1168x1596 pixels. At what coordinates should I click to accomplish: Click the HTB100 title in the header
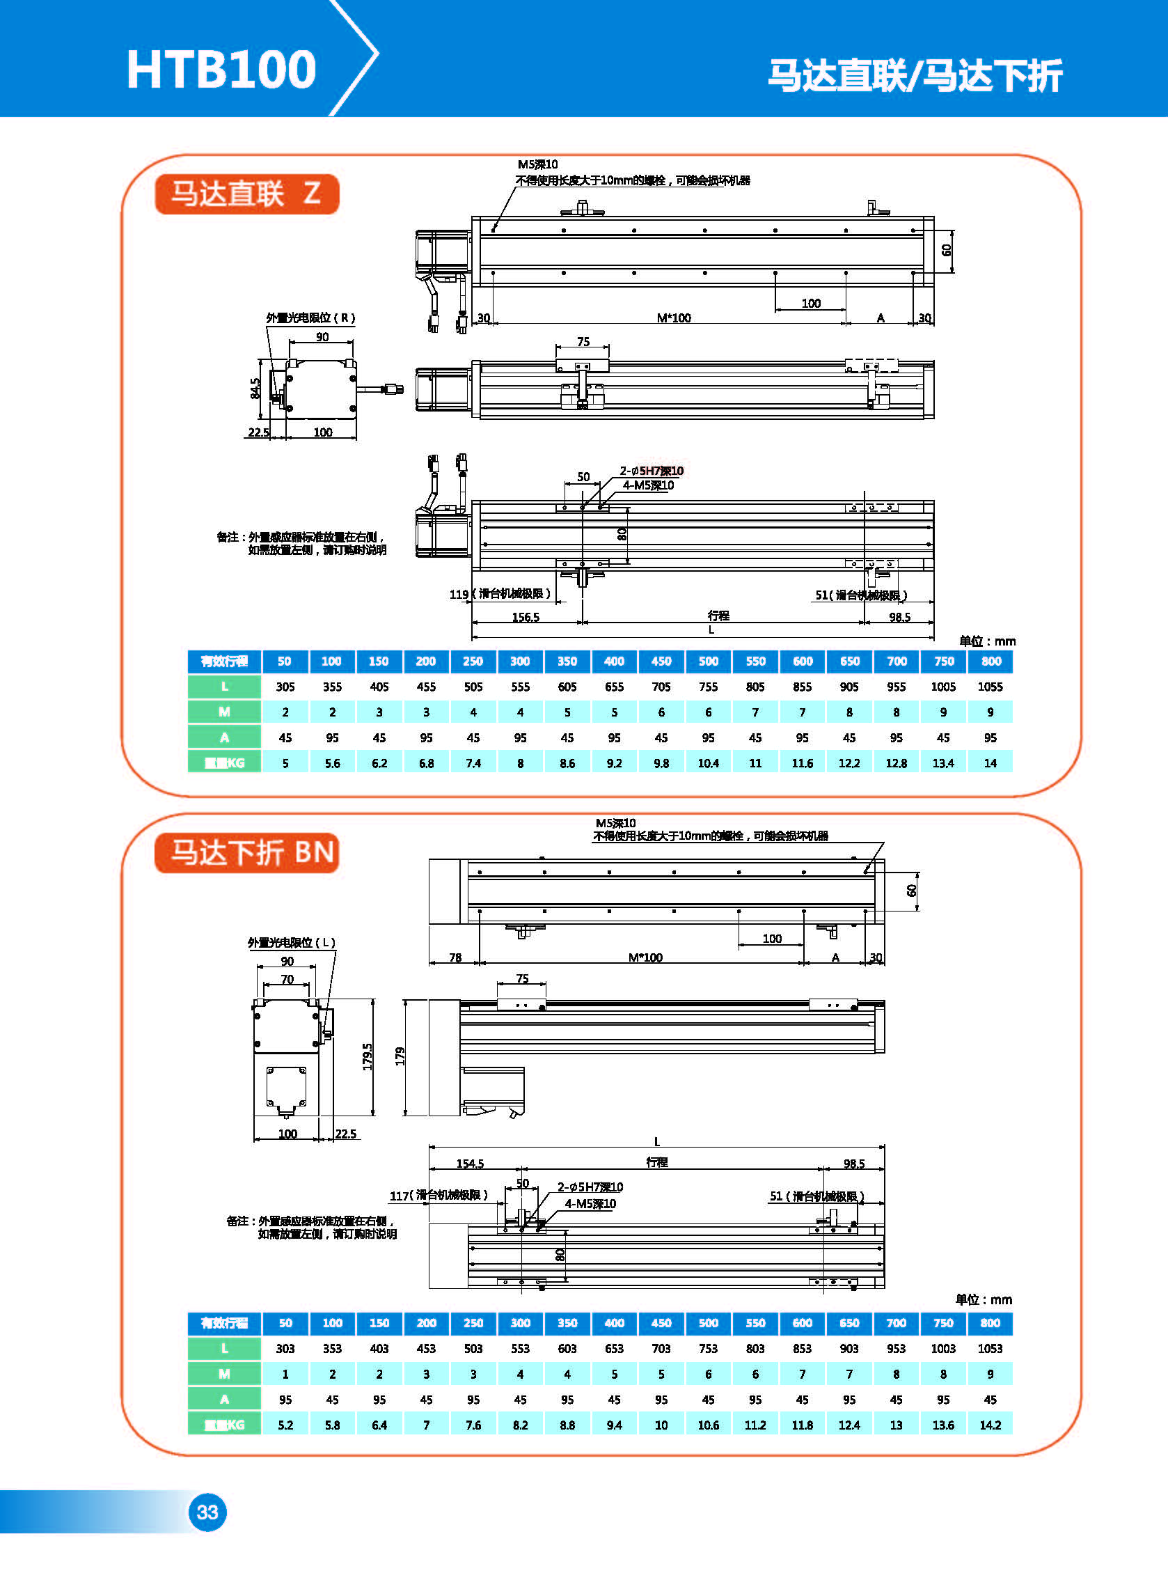click(221, 70)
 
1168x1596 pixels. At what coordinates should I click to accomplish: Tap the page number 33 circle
click(207, 1512)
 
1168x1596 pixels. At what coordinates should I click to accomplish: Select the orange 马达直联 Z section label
click(246, 194)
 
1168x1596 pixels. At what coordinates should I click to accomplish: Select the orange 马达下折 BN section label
click(246, 853)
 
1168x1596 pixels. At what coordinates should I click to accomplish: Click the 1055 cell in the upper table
click(990, 687)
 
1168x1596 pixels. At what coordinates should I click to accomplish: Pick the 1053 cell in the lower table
click(990, 1349)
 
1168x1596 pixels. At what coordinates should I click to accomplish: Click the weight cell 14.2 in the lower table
click(990, 1425)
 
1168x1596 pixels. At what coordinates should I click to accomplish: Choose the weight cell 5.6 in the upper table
click(332, 763)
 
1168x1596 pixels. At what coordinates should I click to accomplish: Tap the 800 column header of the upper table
click(991, 661)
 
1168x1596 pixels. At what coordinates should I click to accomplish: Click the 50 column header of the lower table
click(285, 1323)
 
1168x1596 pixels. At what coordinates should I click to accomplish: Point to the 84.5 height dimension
click(255, 387)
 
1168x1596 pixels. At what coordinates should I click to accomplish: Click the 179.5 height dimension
click(368, 1056)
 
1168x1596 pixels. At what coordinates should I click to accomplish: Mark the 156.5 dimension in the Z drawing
click(526, 618)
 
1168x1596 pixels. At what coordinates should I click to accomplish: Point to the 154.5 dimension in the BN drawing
click(470, 1164)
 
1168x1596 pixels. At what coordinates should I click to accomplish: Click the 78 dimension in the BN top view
click(455, 957)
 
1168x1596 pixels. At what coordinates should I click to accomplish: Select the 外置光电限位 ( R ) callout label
click(310, 318)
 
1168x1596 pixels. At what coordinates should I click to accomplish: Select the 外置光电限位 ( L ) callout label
click(291, 943)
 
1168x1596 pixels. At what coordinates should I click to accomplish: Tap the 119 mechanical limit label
click(500, 594)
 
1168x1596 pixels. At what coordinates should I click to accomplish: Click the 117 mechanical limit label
click(439, 1195)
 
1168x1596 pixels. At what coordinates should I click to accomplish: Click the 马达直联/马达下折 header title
click(915, 75)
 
